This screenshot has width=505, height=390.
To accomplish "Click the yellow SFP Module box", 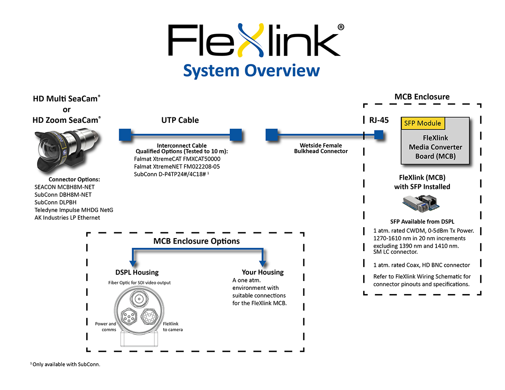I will tap(423, 123).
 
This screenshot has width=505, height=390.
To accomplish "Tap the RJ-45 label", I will tap(376, 120).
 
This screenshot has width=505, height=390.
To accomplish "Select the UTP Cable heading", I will tap(180, 120).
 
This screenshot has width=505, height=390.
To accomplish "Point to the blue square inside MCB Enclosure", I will tap(378, 135).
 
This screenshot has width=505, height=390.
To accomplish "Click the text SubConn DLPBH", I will tap(56, 202).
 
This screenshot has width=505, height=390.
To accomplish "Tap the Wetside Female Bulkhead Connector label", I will tap(321, 148).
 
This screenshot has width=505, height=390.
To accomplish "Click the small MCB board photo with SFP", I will tap(422, 205).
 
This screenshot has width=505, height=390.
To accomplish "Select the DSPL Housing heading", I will tap(137, 272).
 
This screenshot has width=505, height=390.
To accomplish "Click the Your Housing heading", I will tap(263, 272).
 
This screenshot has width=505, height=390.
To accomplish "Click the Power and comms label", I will tap(106, 326).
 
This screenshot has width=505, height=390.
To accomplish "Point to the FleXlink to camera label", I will tap(173, 326).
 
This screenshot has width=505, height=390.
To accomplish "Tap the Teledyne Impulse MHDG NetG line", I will tap(74, 210).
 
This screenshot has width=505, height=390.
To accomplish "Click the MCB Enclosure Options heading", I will tap(197, 241).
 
